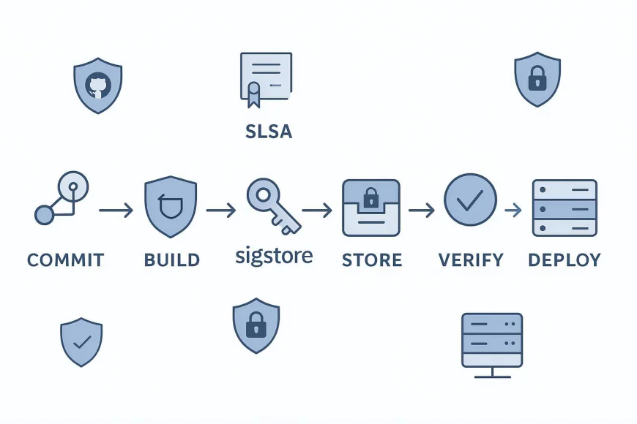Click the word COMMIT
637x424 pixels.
pyautogui.click(x=65, y=260)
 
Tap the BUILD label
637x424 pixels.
pyautogui.click(x=172, y=260)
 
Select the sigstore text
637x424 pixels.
pyautogui.click(x=274, y=256)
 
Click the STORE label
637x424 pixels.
pyautogui.click(x=372, y=260)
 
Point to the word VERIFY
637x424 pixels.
pyautogui.click(x=471, y=260)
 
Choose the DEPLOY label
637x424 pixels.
pyautogui.click(x=564, y=260)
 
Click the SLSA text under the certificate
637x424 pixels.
pyautogui.click(x=267, y=132)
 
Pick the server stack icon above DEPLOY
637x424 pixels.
pyautogui.click(x=565, y=208)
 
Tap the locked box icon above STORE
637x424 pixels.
pyautogui.click(x=371, y=208)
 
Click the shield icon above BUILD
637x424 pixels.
pyautogui.click(x=171, y=206)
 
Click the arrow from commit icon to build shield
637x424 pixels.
pyautogui.click(x=116, y=211)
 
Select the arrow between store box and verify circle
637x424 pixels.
pyautogui.click(x=421, y=211)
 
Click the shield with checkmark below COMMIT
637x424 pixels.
pyautogui.click(x=81, y=342)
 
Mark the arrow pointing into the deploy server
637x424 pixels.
pyautogui.click(x=513, y=211)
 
